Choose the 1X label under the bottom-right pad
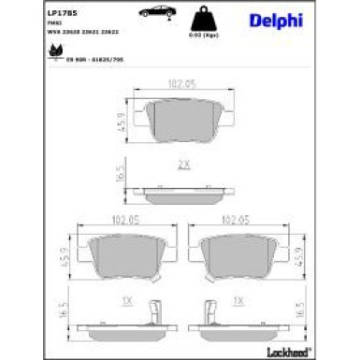[x=238, y=301]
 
